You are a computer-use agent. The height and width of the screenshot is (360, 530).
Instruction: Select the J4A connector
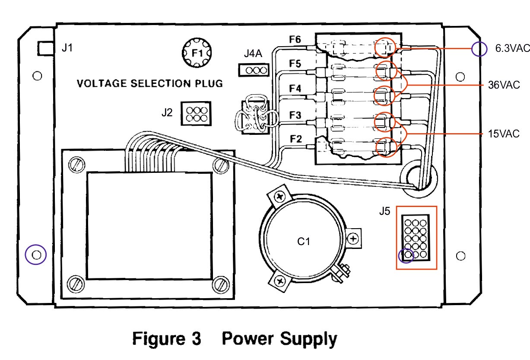253,70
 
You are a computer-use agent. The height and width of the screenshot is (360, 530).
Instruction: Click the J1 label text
67,48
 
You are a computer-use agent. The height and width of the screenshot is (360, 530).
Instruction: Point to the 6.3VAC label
511,48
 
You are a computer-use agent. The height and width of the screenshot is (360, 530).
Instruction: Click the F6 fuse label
295,40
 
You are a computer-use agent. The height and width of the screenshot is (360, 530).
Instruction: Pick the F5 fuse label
295,64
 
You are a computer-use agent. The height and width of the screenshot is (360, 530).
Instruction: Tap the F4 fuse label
295,89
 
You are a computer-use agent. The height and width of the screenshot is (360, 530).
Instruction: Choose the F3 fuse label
295,115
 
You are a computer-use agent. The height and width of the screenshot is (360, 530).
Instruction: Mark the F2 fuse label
295,140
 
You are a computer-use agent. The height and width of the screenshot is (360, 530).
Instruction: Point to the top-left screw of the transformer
76,164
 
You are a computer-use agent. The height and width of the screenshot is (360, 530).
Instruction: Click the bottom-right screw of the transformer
222,284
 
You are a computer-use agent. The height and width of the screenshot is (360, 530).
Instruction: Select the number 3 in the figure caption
196,338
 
